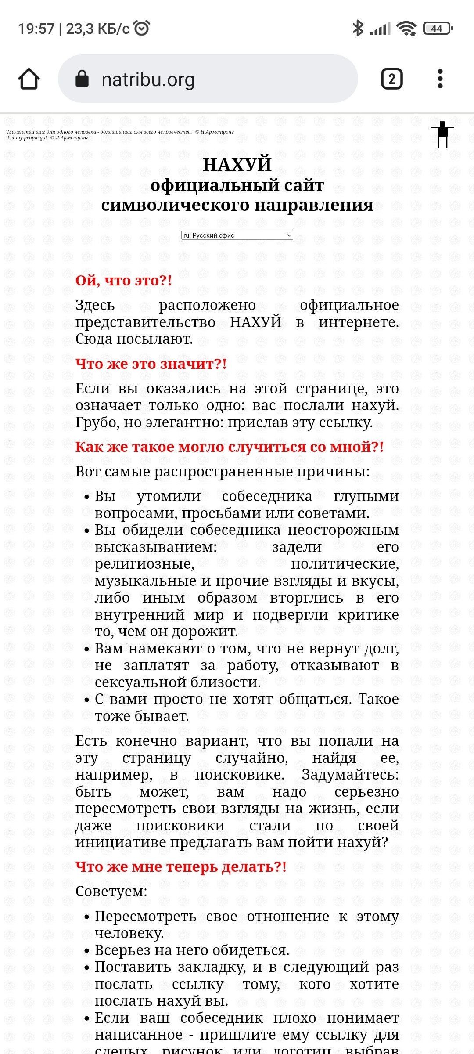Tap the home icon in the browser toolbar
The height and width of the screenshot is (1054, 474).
(29, 79)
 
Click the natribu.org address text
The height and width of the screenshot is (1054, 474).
(148, 79)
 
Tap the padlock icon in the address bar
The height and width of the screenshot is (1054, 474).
(82, 79)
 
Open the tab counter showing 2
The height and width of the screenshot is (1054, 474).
(391, 79)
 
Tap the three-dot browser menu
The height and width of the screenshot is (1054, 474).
(440, 79)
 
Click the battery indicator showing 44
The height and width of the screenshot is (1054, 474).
(437, 29)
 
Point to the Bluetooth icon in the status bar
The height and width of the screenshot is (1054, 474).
(358, 29)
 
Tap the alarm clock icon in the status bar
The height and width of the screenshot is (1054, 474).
(142, 28)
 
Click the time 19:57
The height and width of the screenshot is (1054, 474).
(36, 29)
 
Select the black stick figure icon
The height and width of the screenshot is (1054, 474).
(442, 134)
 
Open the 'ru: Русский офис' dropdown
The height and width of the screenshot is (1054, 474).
(237, 235)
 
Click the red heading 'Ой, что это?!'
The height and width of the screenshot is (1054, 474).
(123, 280)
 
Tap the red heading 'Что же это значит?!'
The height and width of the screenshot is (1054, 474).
(151, 364)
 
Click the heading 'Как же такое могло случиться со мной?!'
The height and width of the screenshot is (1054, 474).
(230, 447)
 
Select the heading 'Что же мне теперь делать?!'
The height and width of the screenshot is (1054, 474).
(181, 866)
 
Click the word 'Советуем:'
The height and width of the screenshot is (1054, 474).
(111, 891)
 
